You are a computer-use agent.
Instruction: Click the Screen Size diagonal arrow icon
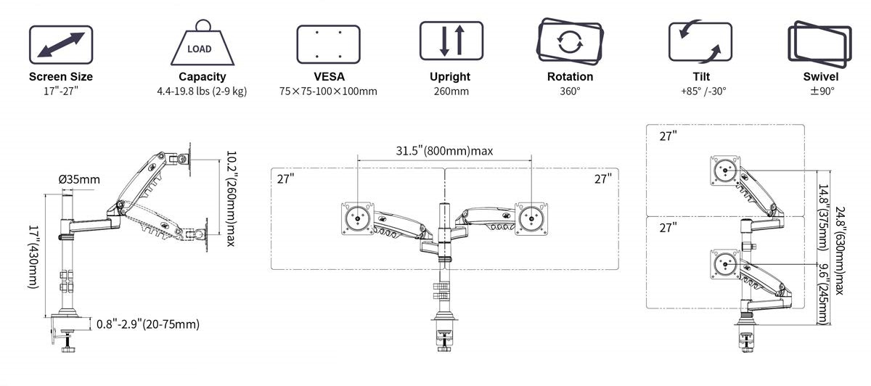tap(61, 45)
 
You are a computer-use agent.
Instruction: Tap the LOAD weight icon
tap(203, 42)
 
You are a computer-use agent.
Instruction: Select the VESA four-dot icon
tap(328, 44)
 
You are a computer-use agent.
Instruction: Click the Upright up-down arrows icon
tap(451, 41)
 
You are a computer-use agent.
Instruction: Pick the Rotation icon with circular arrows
tap(570, 41)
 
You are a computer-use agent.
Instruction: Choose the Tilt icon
tap(700, 41)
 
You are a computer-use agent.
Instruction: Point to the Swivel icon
tap(820, 44)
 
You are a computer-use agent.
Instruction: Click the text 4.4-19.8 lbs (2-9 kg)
tap(202, 91)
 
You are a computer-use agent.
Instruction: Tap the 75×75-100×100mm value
tap(328, 91)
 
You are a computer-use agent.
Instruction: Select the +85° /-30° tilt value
tap(703, 91)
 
